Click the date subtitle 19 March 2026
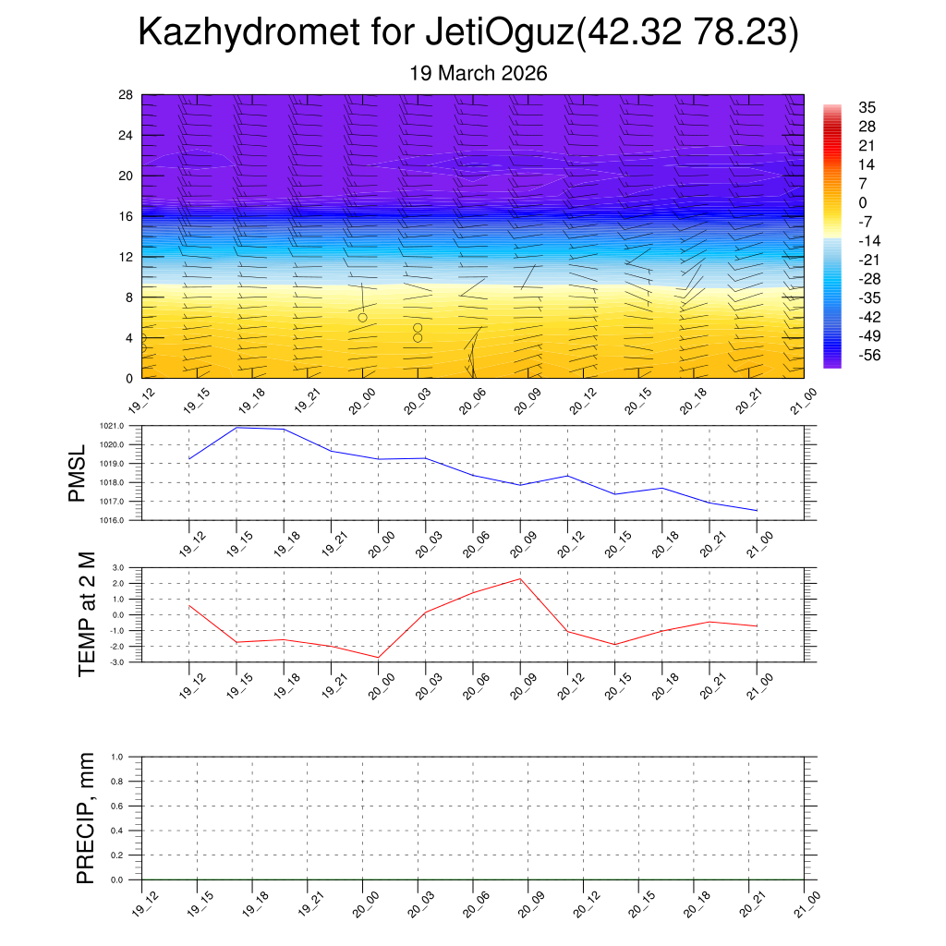tap(479, 73)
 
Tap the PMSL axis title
tap(77, 473)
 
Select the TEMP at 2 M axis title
tap(87, 614)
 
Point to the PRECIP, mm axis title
tap(86, 819)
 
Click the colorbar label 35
tap(867, 107)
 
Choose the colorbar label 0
tap(863, 202)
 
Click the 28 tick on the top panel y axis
tap(127, 95)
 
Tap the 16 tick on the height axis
tap(127, 216)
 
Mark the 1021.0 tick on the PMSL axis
tap(124, 426)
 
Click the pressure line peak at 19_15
tap(236, 427)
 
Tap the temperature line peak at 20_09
tap(520, 579)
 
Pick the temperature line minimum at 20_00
tap(378, 657)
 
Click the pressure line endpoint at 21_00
tap(757, 511)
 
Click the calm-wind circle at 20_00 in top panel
tap(362, 318)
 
